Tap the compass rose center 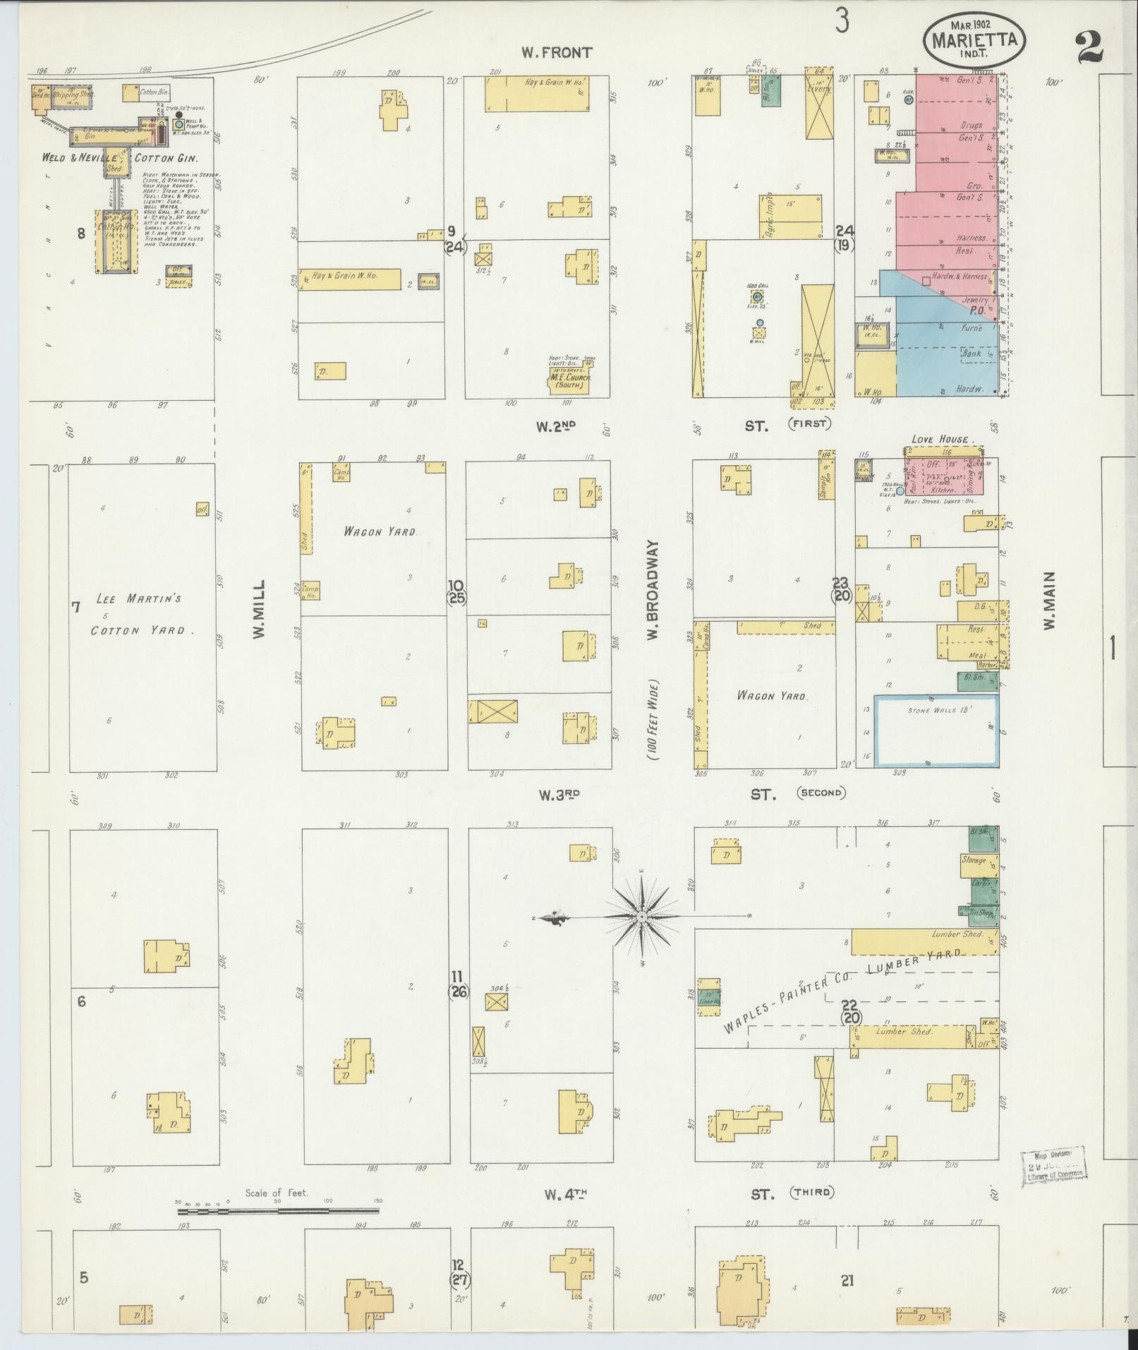pyautogui.click(x=642, y=917)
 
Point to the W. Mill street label pyautogui.click(x=259, y=610)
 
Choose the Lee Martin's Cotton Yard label pyautogui.click(x=135, y=614)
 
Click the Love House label pyautogui.click(x=940, y=439)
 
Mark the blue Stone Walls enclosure pyautogui.click(x=936, y=731)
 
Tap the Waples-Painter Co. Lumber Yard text pyautogui.click(x=843, y=987)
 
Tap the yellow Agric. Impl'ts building pyautogui.click(x=790, y=216)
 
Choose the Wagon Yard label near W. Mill pyautogui.click(x=379, y=531)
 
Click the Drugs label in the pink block pyautogui.click(x=971, y=125)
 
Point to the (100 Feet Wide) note pyautogui.click(x=653, y=719)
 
